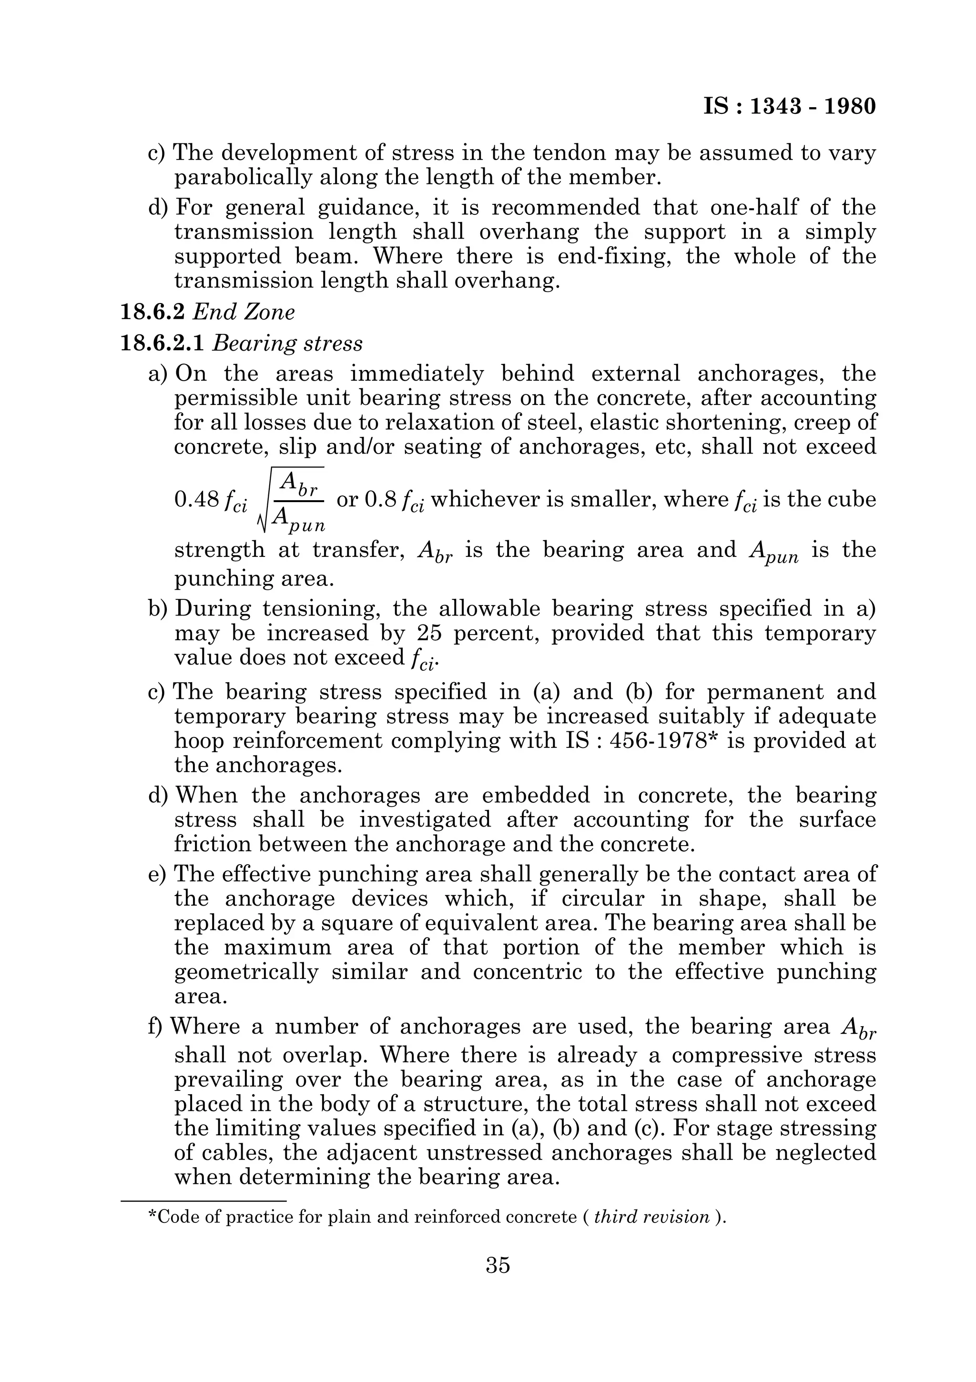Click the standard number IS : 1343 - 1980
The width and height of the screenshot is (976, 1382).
click(789, 107)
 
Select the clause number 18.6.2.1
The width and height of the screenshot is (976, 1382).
click(162, 343)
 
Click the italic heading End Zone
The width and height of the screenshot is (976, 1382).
click(244, 312)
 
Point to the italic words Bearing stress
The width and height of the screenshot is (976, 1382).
click(288, 343)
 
